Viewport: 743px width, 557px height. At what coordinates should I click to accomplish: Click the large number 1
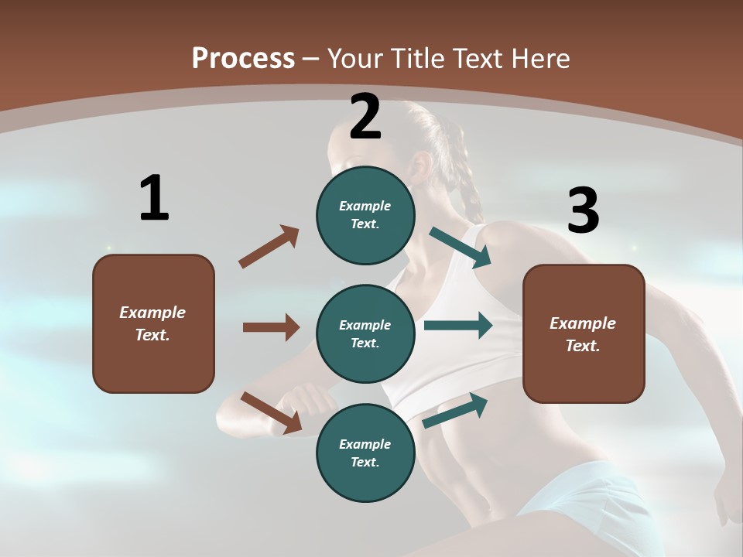(154, 198)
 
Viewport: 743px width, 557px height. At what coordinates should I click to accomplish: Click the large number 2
(365, 117)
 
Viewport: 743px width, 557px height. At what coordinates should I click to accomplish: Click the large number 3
(583, 210)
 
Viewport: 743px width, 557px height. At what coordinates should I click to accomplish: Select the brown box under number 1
(153, 323)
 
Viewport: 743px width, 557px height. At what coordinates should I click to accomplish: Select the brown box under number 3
(584, 333)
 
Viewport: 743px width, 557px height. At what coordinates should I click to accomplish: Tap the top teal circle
(365, 214)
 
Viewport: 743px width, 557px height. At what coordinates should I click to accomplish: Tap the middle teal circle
(365, 333)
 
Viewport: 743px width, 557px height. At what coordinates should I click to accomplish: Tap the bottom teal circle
(365, 453)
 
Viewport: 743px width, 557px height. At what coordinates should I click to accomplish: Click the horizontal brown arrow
(271, 327)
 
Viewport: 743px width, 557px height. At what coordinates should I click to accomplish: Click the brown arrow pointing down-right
(272, 412)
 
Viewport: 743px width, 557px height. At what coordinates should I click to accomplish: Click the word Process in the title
(243, 58)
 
